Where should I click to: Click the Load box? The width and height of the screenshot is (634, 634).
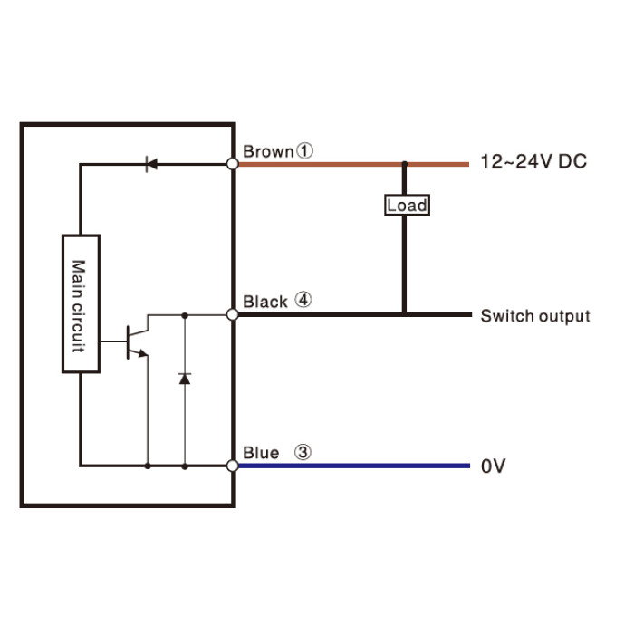pos(407,205)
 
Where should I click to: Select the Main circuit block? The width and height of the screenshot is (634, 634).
pos(81,303)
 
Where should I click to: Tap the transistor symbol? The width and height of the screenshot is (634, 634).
pos(138,341)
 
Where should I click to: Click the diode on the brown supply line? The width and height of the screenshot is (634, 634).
pos(151,164)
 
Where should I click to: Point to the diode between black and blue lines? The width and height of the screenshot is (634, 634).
pos(185,379)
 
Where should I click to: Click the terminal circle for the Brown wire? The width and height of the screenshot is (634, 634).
pos(233,164)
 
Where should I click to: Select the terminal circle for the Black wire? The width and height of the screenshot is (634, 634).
pos(233,314)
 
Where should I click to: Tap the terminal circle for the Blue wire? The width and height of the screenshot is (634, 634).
pos(233,466)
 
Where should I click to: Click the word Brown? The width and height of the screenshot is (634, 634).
pos(268,152)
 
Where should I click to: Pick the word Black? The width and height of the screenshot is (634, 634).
pos(265,302)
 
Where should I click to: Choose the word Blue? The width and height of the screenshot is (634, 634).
pos(261,453)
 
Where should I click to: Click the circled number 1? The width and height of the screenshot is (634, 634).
pos(305,151)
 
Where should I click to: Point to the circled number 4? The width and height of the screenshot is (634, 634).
pos(303,300)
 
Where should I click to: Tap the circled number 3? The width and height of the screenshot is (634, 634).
pos(303,452)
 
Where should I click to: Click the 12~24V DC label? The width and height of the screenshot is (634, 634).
pos(533,161)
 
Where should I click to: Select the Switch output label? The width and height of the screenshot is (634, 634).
pos(535,316)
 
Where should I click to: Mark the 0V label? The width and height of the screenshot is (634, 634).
pos(494,466)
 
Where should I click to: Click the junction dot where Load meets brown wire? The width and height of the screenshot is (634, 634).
pos(404,164)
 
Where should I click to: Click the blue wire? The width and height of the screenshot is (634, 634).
pos(354,466)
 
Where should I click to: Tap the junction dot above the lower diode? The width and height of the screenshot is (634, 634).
pos(185,315)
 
